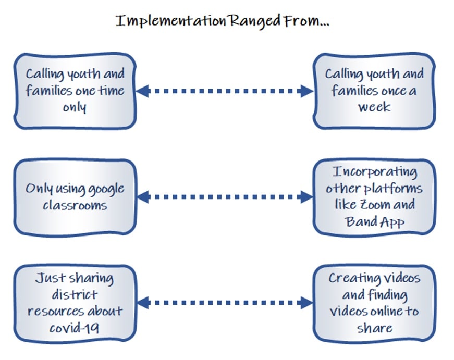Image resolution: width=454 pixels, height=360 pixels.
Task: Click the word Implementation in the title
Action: click(171, 21)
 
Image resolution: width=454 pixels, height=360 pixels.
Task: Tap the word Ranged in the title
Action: click(254, 21)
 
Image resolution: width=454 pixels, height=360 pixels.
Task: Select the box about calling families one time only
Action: click(75, 91)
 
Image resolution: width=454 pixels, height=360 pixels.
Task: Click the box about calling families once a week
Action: click(374, 91)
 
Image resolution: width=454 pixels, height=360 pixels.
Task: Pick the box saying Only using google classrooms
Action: click(75, 197)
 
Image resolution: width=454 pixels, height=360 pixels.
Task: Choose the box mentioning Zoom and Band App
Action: click(374, 197)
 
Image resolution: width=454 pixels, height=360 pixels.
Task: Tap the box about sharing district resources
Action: click(75, 303)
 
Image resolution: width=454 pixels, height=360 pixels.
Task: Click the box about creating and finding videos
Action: click(374, 303)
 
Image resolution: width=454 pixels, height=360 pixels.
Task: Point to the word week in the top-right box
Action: click(374, 107)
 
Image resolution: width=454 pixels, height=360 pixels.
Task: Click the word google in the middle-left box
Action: click(106, 190)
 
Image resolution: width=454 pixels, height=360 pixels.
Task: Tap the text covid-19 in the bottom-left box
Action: click(74, 328)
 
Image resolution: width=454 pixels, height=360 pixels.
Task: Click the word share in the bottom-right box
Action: click(375, 328)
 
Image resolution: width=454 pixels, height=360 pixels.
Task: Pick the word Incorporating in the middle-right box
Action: click(375, 172)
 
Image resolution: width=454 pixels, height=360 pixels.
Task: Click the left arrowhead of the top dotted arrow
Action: click(143, 91)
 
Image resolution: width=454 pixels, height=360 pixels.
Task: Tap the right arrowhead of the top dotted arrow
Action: click(306, 91)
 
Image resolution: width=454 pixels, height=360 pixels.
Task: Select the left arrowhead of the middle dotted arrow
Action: click(143, 197)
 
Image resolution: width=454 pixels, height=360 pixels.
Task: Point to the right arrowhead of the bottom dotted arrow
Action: click(306, 303)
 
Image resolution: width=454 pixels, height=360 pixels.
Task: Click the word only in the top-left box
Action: click(75, 108)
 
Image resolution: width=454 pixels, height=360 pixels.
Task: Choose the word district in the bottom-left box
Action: click(75, 295)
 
